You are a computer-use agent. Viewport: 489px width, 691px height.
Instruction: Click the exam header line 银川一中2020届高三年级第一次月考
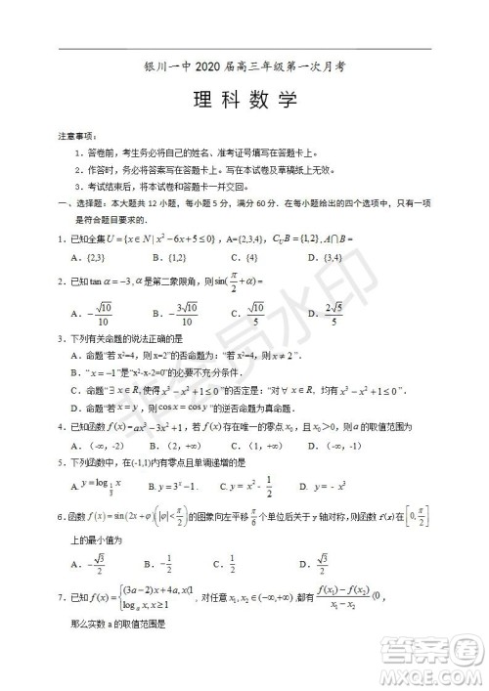(245, 67)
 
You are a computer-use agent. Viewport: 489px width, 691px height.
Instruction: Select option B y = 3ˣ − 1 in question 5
(172, 486)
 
